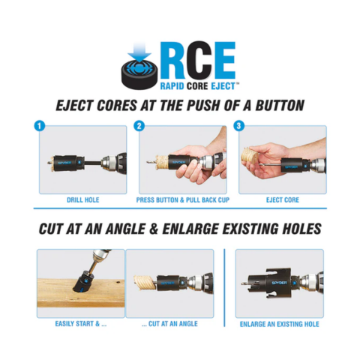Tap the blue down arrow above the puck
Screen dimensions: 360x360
(x=139, y=51)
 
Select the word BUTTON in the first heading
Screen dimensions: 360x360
(x=280, y=105)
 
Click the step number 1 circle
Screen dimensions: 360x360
(x=39, y=126)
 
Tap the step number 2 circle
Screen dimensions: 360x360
(x=139, y=126)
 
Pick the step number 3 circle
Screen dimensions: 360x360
(x=238, y=126)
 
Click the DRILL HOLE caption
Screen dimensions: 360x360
(x=83, y=200)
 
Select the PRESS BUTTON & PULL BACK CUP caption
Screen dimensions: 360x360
(x=183, y=200)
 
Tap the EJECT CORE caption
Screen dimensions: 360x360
(x=283, y=200)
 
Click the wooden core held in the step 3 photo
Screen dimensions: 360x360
(x=250, y=155)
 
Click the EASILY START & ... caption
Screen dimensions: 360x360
(x=81, y=324)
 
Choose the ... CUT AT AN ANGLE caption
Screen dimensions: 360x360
(x=169, y=324)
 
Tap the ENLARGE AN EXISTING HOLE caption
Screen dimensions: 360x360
(x=280, y=324)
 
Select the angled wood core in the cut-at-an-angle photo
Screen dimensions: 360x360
(x=145, y=283)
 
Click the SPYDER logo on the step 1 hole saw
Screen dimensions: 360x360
(x=64, y=163)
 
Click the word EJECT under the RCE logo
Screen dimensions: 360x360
(x=223, y=86)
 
